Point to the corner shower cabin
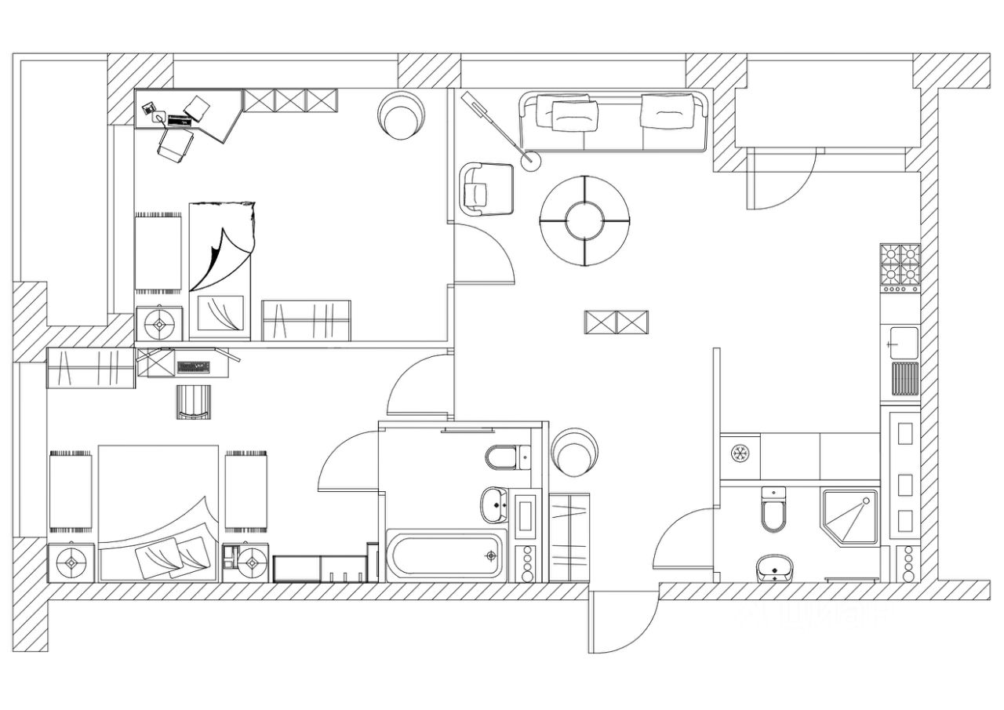click(x=849, y=515)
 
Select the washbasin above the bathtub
click(x=495, y=504)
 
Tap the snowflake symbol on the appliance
click(x=739, y=453)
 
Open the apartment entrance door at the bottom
click(x=624, y=624)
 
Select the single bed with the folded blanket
click(x=220, y=271)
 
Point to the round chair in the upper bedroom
click(x=402, y=115)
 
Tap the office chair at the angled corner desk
click(x=176, y=145)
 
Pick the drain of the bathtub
click(x=492, y=556)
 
